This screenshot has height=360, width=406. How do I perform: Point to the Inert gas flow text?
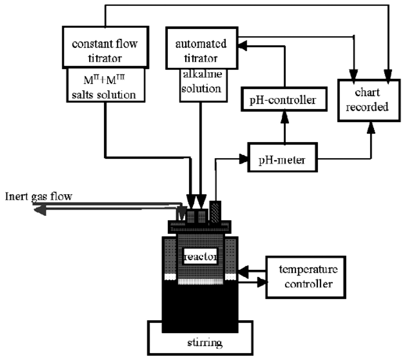[39, 197]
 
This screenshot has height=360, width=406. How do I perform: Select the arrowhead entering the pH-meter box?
[244, 159]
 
